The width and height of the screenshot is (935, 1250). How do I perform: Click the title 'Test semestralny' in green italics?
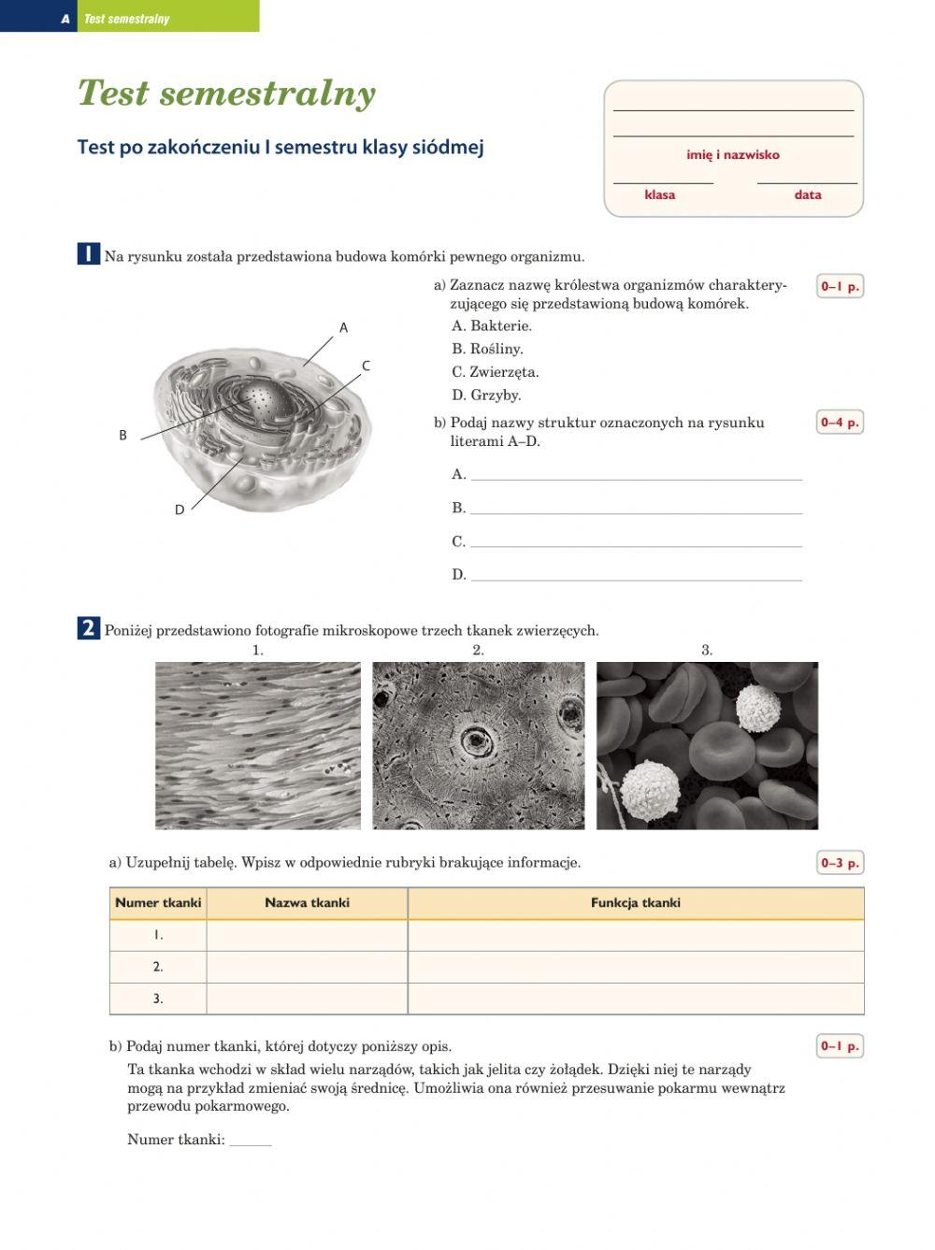226,93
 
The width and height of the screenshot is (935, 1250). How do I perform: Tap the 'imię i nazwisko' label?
732,155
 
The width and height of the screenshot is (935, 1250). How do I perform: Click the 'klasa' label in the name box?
659,195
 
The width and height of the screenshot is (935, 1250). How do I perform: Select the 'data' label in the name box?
807,195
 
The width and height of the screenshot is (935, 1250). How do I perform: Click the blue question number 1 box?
88,254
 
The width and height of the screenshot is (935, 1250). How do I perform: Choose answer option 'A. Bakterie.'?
491,326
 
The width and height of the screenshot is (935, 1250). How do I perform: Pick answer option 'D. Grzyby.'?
485,395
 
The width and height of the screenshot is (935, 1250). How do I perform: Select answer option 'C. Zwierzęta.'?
495,372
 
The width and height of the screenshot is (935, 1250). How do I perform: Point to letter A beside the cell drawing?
343,328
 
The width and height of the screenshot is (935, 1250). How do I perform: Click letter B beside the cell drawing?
122,436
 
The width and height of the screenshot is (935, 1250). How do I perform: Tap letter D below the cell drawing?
180,510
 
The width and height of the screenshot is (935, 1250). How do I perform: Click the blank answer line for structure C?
636,541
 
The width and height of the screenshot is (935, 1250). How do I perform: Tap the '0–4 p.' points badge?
839,423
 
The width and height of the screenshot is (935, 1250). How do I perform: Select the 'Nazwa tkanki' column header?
307,903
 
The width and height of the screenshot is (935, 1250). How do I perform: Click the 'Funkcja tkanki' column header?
635,903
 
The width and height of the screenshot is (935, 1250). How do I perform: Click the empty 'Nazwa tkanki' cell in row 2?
307,968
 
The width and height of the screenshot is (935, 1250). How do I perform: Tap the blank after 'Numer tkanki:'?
251,1141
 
